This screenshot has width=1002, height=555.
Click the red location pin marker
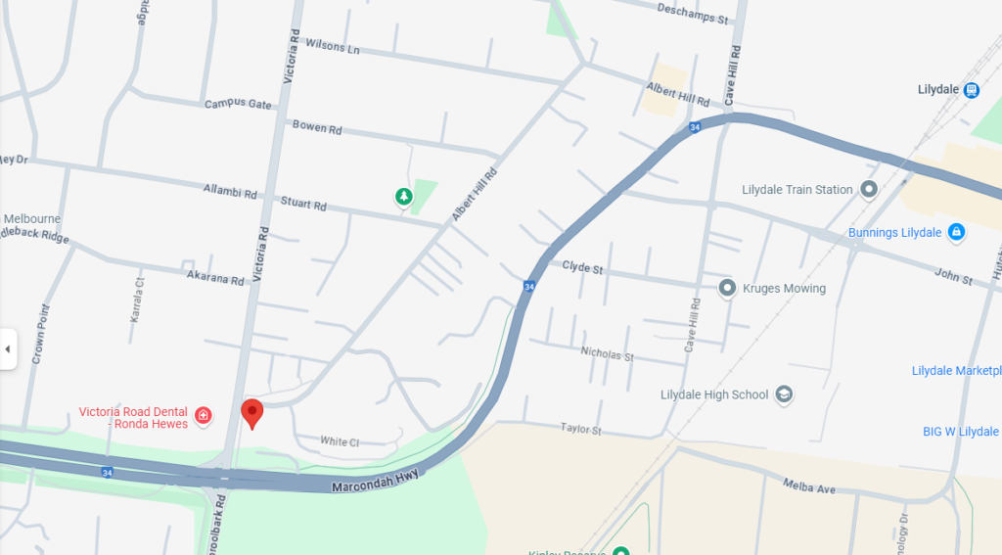252,412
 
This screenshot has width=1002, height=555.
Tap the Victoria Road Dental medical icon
204,416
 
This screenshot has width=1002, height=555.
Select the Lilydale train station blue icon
971,90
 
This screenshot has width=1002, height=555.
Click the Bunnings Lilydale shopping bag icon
956,232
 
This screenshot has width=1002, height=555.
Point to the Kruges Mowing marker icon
727,288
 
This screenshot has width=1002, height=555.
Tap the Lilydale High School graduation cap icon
783,394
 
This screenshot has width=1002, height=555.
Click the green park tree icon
403,198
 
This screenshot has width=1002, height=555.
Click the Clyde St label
582,266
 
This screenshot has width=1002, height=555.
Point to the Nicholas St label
607,353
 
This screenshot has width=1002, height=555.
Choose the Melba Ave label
809,485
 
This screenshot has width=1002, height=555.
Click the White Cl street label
340,441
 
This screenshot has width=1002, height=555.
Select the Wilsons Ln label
333,46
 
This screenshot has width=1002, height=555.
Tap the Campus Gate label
238,104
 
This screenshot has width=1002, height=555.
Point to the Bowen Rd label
317,127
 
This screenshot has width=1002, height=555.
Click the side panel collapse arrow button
8,348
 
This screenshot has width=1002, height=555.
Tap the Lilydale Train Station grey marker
868,189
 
